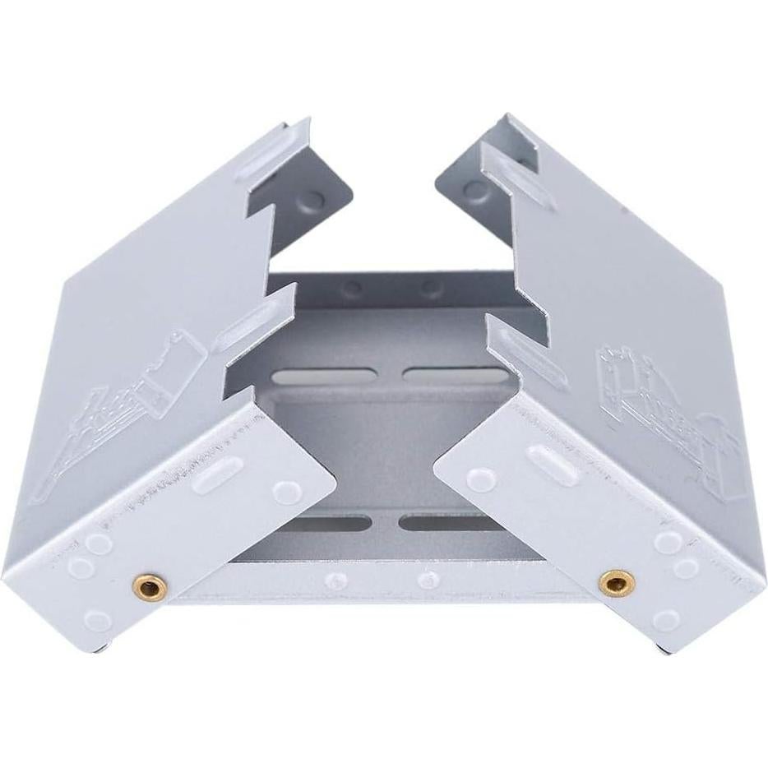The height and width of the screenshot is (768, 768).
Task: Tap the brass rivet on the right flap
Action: pos(616,583)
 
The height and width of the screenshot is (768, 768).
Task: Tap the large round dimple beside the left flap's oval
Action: pos(287,492)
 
